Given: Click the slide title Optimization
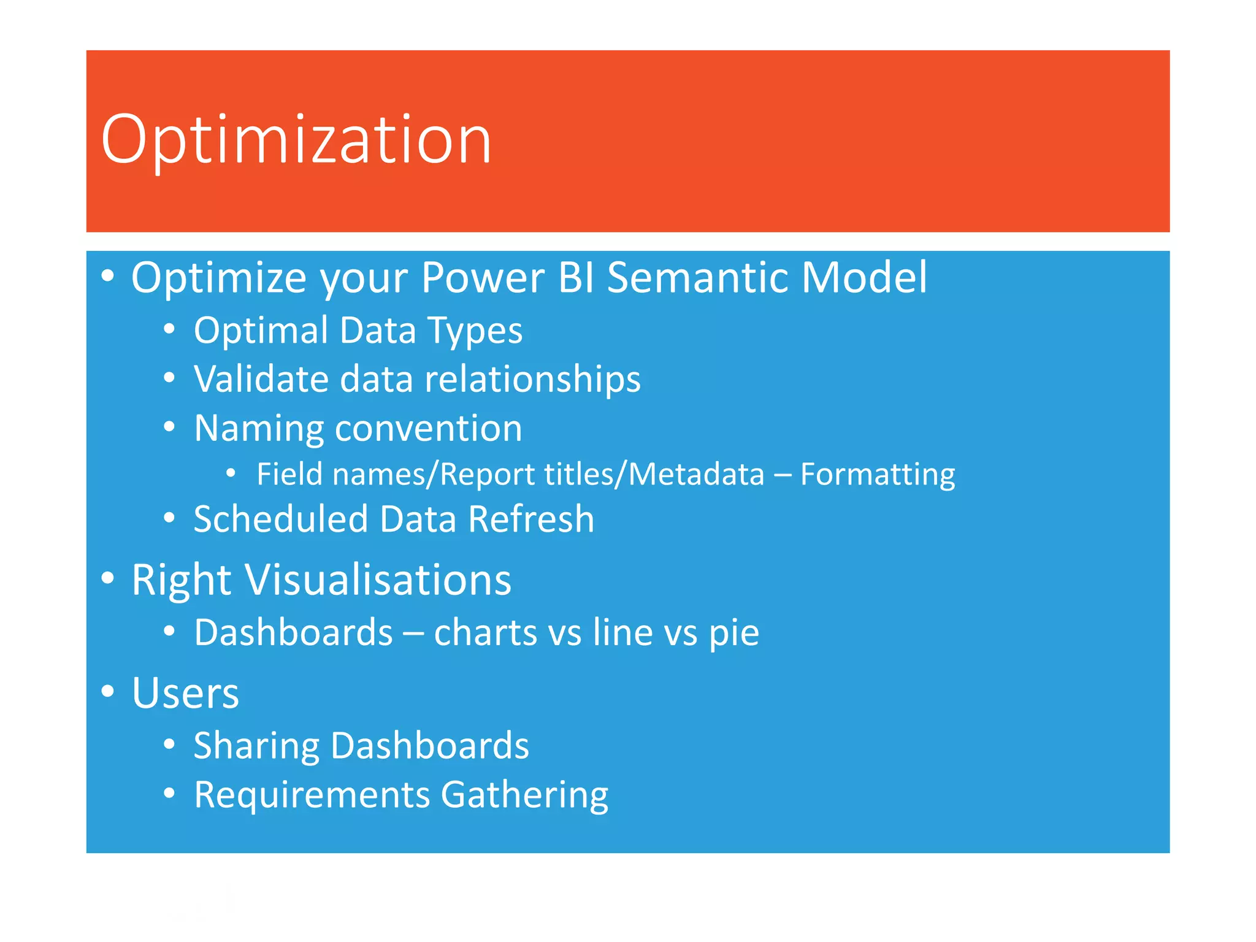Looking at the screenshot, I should point(296,140).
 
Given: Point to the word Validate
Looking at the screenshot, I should point(261,378).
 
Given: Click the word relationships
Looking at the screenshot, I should point(532,380).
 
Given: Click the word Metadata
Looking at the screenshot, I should point(697,474).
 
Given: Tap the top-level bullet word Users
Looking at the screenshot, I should point(185,693).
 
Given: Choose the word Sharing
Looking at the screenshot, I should point(256,746).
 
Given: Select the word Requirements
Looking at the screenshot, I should point(312,795).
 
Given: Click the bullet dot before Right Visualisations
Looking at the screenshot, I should point(108,578).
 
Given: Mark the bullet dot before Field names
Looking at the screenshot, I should point(231,473).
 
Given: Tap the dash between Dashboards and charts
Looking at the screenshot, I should point(413,634).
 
